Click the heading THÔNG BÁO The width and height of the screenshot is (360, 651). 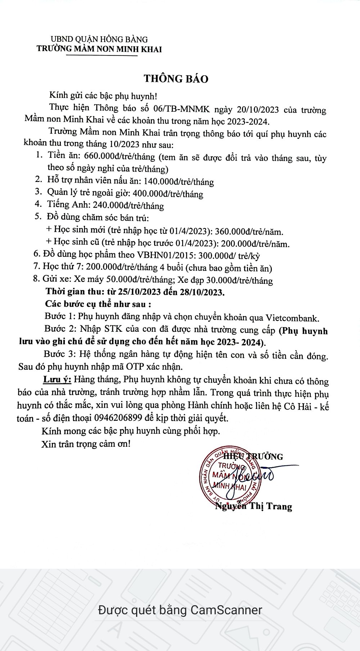tap(176, 79)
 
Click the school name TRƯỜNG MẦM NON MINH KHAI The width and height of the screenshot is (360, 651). tap(99, 49)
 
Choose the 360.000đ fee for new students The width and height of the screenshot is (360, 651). tap(234, 231)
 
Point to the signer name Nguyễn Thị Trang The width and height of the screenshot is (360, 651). tap(254, 507)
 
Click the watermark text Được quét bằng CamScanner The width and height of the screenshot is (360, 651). tap(180, 610)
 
